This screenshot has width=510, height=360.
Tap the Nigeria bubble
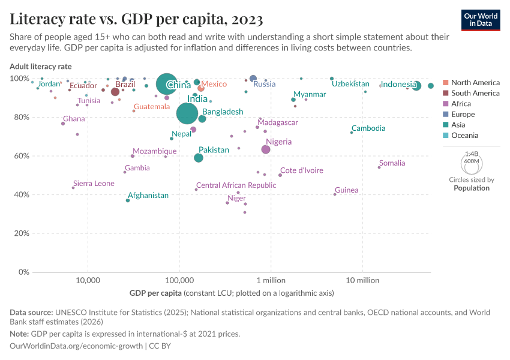[266, 149]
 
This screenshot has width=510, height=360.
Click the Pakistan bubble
[199, 158]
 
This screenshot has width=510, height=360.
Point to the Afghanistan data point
[128, 200]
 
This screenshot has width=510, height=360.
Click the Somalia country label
[392, 163]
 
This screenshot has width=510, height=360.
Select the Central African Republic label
[236, 185]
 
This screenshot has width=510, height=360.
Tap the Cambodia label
[368, 128]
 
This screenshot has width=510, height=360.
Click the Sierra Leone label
[94, 184]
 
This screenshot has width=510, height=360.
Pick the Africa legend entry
[462, 104]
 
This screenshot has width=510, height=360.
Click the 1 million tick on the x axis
[271, 281]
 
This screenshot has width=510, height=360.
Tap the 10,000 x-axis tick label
[88, 281]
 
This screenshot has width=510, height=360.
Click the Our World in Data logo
[481, 20]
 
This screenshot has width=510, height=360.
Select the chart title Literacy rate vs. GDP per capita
[136, 19]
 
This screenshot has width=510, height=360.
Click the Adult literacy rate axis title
[40, 66]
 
